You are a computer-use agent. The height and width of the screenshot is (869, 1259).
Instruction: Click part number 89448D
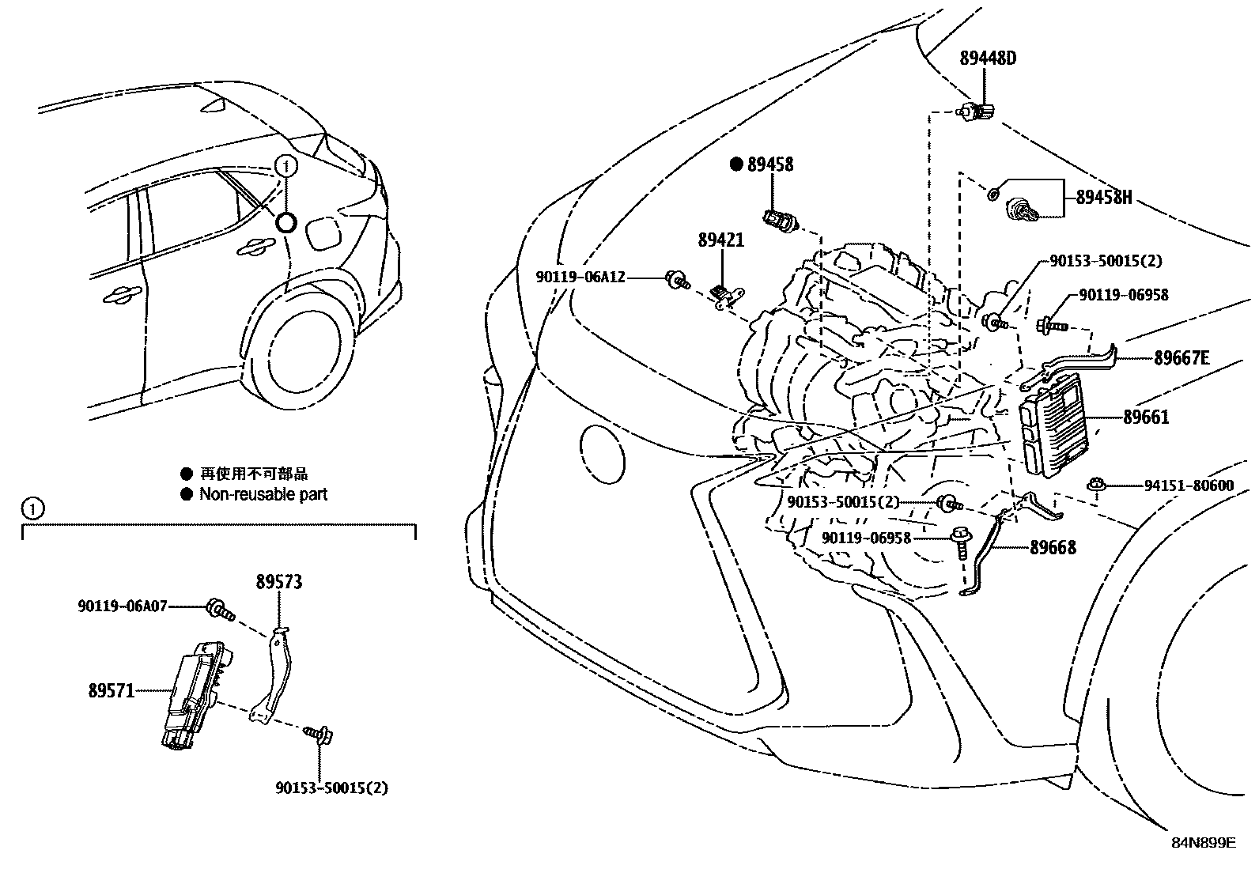point(988,59)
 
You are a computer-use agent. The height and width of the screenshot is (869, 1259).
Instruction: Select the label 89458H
point(1103,198)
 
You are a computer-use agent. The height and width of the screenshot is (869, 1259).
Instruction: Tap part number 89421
point(720,240)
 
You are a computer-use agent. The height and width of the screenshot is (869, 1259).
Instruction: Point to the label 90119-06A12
point(580,277)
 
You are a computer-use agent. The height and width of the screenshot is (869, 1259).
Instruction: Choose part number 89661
point(1146,417)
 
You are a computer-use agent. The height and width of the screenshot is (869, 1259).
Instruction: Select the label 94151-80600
point(1189,486)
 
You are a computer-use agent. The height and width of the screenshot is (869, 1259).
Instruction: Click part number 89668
point(1053,547)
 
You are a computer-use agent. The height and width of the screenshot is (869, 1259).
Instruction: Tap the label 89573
point(278,582)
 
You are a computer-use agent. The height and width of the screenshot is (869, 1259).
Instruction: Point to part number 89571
point(111,690)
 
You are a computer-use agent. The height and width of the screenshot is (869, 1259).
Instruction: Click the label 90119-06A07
point(123,606)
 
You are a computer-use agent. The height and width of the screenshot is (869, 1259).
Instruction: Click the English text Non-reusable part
point(263,495)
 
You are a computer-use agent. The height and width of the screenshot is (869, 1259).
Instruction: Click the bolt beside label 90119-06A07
point(219,609)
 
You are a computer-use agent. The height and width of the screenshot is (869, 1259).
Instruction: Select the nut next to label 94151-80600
point(1096,485)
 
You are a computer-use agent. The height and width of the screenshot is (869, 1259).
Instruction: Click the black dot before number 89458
point(736,164)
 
